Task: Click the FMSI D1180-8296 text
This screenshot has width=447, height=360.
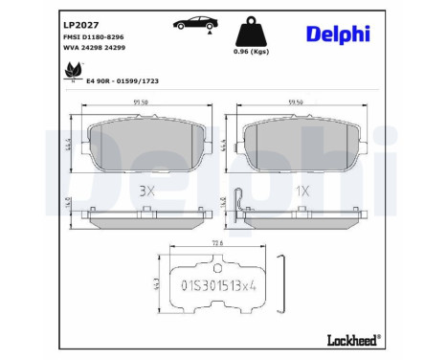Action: (x=92, y=36)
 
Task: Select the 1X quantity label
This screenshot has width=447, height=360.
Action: (x=303, y=191)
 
